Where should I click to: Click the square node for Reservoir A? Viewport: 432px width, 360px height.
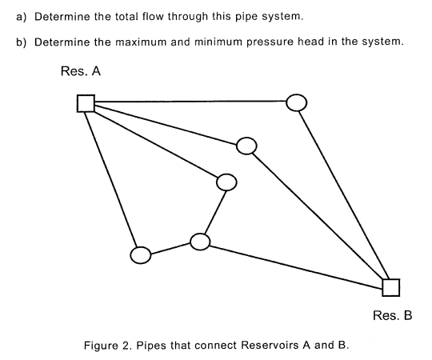pos(86,103)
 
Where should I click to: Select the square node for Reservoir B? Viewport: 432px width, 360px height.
pos(390,286)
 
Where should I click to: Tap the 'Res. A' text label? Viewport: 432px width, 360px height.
pos(80,71)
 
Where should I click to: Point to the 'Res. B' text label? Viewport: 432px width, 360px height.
pos(392,315)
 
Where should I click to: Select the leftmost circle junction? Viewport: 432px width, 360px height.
pos(140,255)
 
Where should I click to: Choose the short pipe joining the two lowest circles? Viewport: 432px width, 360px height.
pos(170,249)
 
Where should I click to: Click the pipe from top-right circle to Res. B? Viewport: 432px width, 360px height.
pos(344,196)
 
